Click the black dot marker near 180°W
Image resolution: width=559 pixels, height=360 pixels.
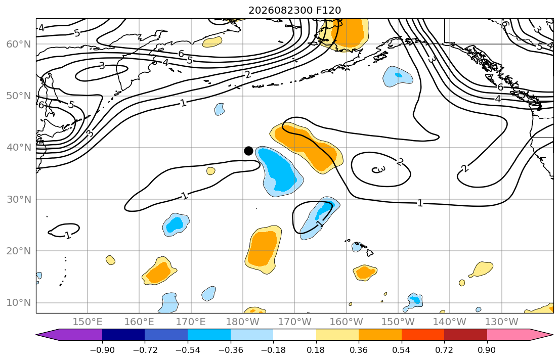pyautogui.click(x=248, y=151)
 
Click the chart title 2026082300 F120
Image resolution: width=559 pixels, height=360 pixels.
pyautogui.click(x=294, y=10)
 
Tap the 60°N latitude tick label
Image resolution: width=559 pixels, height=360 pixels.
pyautogui.click(x=19, y=44)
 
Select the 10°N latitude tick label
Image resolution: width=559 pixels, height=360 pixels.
pyautogui.click(x=19, y=303)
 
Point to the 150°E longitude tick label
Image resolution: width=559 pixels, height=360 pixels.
pyautogui.click(x=88, y=322)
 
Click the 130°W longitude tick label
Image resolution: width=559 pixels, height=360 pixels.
pyautogui.click(x=502, y=322)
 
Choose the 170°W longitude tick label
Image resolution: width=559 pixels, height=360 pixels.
pyautogui.click(x=294, y=322)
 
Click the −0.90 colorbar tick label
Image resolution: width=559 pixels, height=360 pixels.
pyautogui.click(x=102, y=350)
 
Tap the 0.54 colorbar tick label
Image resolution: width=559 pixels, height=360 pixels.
pyautogui.click(x=402, y=350)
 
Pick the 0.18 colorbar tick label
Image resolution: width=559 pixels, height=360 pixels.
pyautogui.click(x=316, y=350)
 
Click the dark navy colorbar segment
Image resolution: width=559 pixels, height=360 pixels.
pyautogui.click(x=123, y=335)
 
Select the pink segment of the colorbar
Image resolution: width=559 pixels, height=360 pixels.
pyautogui.click(x=508, y=335)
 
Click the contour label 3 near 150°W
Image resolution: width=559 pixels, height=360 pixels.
pyautogui.click(x=378, y=169)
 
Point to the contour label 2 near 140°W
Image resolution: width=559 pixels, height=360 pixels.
pyautogui.click(x=464, y=168)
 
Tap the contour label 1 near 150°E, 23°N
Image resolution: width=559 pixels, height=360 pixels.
pyautogui.click(x=68, y=235)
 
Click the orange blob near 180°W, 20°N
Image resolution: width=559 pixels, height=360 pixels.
pyautogui.click(x=264, y=249)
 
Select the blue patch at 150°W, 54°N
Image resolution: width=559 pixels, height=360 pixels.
pyautogui.click(x=398, y=76)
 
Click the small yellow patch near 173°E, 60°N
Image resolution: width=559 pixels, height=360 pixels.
pyautogui.click(x=212, y=42)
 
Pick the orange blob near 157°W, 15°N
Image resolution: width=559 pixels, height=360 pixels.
pyautogui.click(x=365, y=273)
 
